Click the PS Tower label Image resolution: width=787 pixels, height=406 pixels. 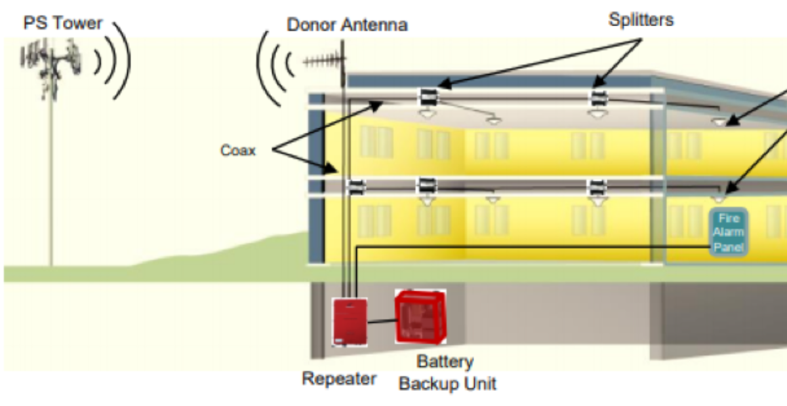click(63, 23)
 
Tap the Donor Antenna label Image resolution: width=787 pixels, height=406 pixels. click(347, 25)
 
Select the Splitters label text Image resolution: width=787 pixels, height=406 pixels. click(641, 20)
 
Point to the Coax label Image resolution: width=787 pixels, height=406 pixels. click(238, 150)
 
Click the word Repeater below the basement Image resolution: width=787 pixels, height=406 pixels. click(339, 378)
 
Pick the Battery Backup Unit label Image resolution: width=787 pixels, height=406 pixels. click(447, 373)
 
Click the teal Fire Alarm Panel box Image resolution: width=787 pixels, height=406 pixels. click(729, 232)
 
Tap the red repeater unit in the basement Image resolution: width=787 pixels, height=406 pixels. click(350, 322)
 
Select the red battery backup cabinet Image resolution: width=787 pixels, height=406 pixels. click(420, 316)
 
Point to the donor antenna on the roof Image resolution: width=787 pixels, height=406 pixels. click(325, 62)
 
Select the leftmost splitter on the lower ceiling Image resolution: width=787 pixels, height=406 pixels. click(356, 187)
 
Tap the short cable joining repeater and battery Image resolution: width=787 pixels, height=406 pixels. click(382, 321)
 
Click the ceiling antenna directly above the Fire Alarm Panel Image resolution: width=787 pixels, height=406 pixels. click(719, 199)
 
